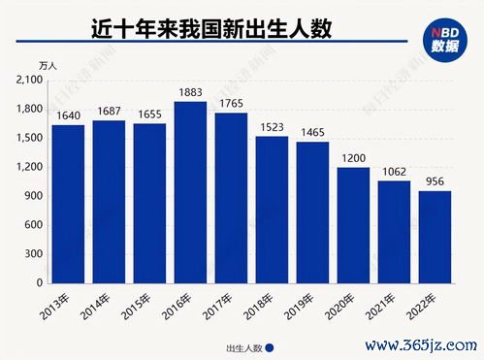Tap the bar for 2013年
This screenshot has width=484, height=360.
[x=68, y=204]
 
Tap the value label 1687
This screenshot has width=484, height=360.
[x=109, y=112]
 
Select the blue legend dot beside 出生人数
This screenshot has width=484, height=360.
[x=271, y=346]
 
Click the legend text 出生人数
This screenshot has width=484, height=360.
[x=242, y=346]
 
